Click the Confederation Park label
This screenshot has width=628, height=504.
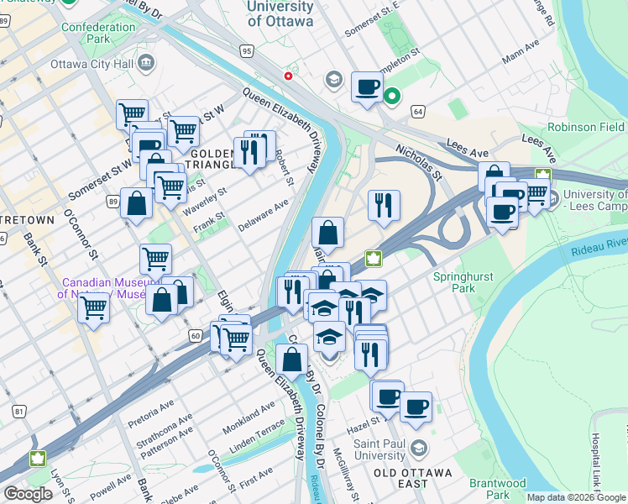point(98,33)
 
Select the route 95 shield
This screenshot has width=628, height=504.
point(246,51)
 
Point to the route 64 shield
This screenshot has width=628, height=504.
point(417,111)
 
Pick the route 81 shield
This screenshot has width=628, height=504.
point(18,411)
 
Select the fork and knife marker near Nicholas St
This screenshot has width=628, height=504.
point(384,205)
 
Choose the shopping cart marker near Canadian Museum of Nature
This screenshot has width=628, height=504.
point(94,307)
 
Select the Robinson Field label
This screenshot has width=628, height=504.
point(585,127)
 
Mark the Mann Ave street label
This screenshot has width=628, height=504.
point(519,59)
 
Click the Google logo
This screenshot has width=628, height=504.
point(28,494)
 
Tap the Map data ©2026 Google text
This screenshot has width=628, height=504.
point(575,497)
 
